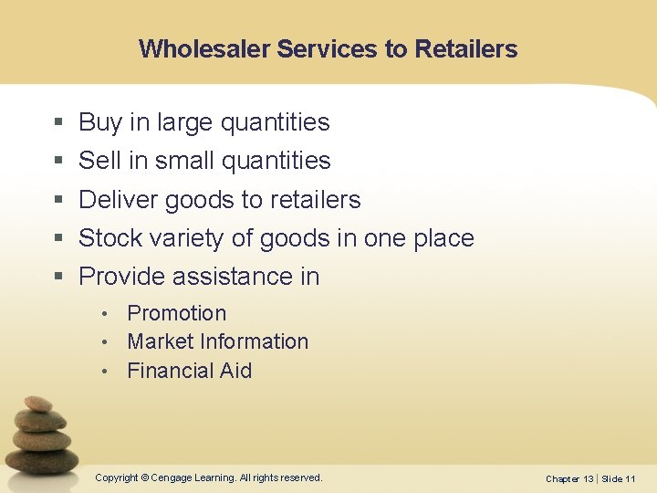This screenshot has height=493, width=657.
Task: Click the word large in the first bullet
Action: pos(182,122)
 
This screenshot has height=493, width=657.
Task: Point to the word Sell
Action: pos(99,161)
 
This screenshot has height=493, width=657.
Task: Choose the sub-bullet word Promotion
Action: pos(177,313)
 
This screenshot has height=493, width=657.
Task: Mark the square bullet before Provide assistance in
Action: pos(58,277)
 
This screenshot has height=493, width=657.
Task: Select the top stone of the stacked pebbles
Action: pos(38,404)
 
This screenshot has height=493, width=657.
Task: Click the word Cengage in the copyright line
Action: pos(180,477)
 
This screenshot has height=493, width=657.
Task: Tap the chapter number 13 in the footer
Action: pos(588,478)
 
